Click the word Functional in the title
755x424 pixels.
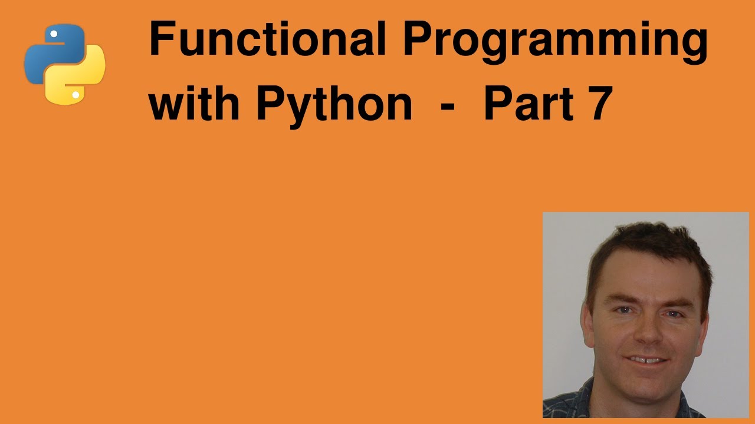(x=267, y=40)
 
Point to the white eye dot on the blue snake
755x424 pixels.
(x=54, y=34)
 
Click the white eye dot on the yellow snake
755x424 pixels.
(x=75, y=94)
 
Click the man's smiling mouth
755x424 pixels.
(x=647, y=359)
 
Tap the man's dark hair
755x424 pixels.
(x=643, y=241)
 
